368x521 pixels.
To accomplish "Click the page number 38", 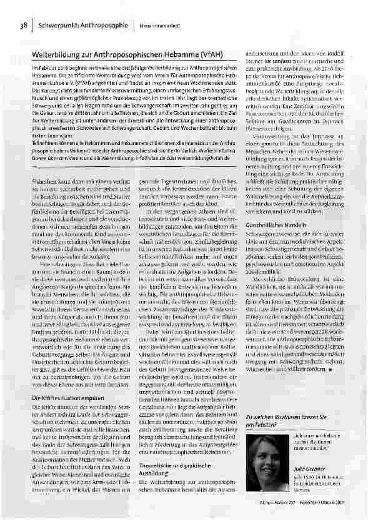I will pyautogui.click(x=23, y=26).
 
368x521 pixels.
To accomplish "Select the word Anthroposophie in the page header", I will pyautogui.click(x=104, y=26).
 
